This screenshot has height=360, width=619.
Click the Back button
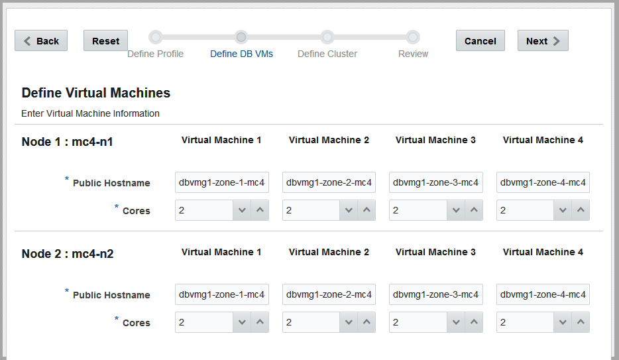pos(41,40)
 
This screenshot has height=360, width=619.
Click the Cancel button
pos(480,40)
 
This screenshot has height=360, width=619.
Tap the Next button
pos(543,40)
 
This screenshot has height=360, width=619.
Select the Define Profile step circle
pos(156,37)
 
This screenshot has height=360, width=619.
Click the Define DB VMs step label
pos(242,54)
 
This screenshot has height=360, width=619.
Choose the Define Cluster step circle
pos(327,37)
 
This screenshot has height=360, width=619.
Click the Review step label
pos(413,54)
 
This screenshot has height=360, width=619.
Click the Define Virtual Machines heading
pos(96,93)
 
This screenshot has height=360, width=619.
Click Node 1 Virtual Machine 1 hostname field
pos(222,182)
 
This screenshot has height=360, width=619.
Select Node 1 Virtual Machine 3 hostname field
pos(436,182)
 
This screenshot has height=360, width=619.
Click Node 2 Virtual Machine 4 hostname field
pos(543,294)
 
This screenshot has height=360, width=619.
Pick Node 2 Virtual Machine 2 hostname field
pos(329,294)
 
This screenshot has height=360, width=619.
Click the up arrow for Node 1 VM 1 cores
pos(260,210)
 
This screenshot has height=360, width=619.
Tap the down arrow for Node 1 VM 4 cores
pos(563,210)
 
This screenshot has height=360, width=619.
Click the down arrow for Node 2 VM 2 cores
pos(349,322)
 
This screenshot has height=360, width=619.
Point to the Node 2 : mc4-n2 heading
pos(68,254)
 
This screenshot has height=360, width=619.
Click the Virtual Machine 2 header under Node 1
pos(329,140)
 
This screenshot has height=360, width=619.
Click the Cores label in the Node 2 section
pos(137,323)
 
